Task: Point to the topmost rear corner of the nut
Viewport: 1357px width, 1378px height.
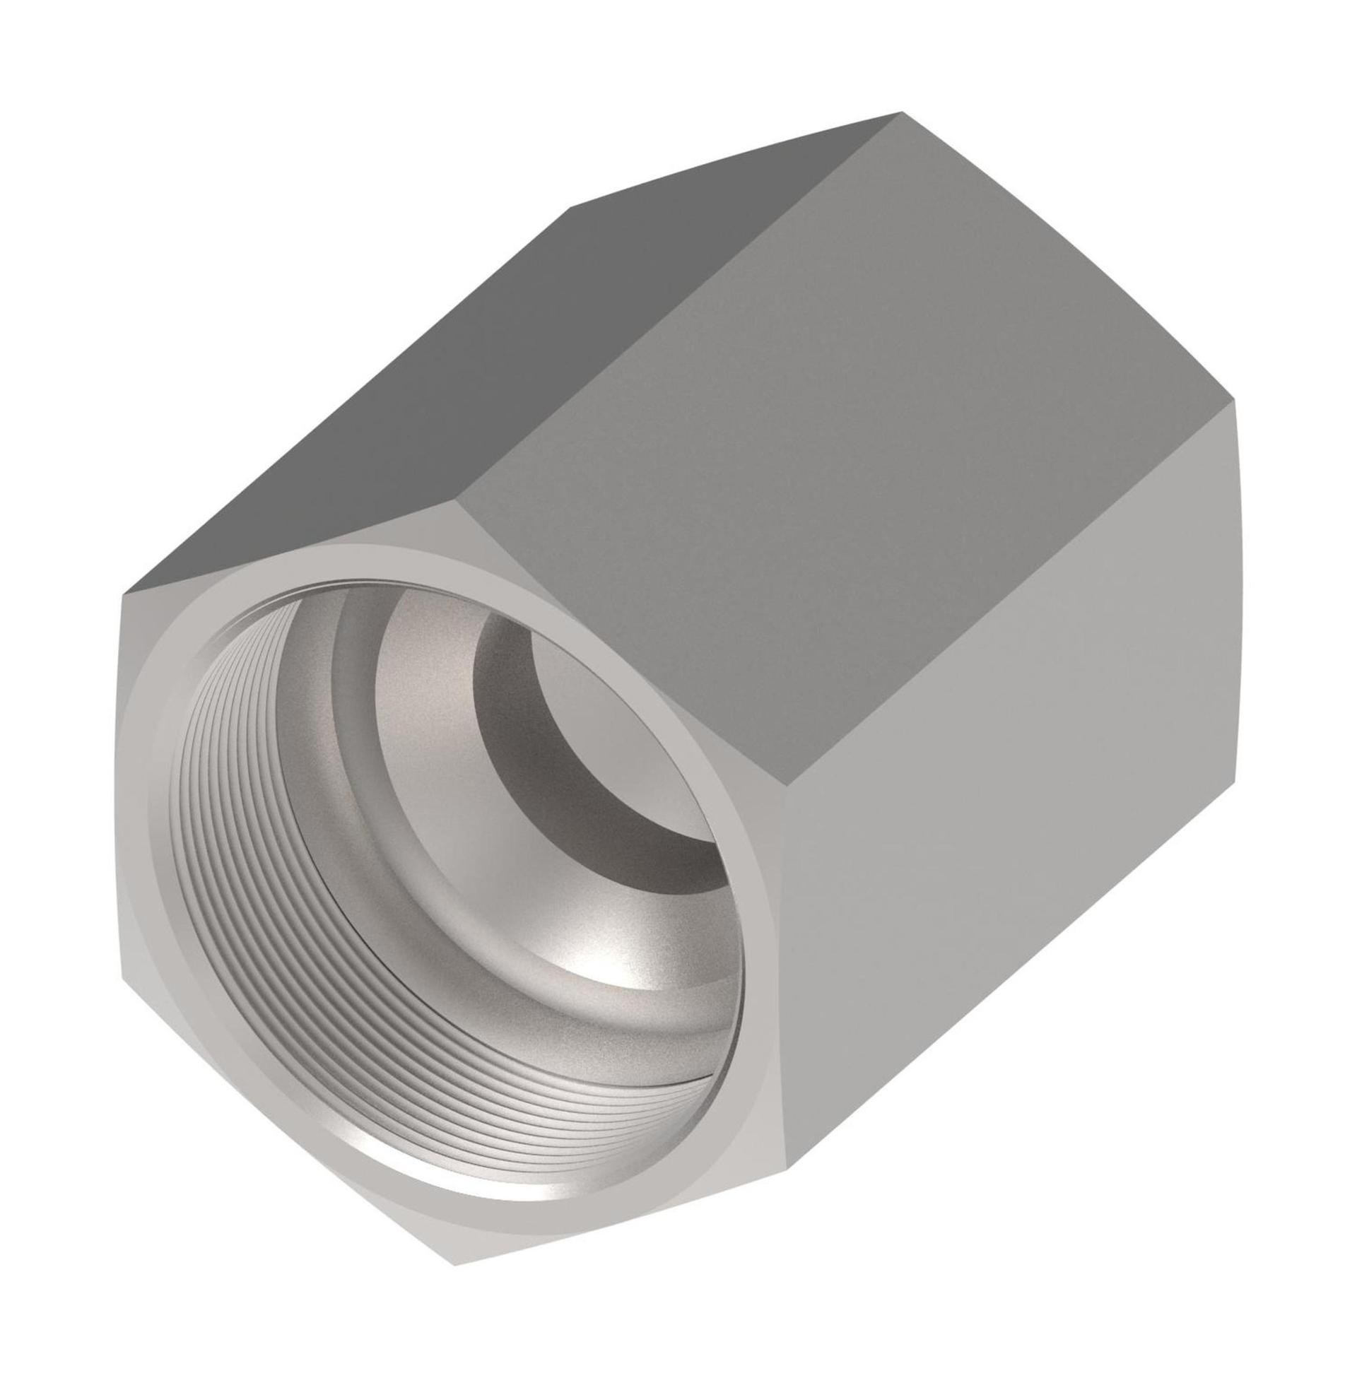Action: pyautogui.click(x=902, y=112)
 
